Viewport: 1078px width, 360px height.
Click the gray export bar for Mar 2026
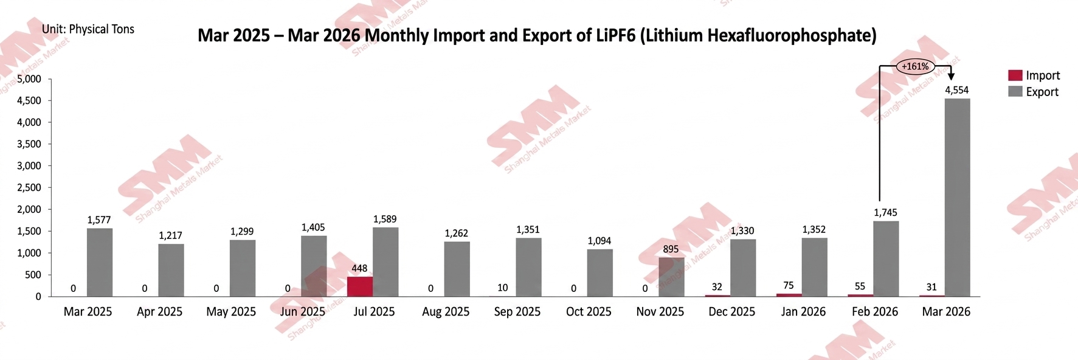click(x=957, y=198)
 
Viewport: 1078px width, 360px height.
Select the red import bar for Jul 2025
click(x=360, y=286)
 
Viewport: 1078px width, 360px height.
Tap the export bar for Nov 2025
click(x=671, y=277)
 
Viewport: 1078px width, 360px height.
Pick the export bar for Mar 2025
click(x=99, y=262)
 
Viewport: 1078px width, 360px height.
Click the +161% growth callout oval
click(x=915, y=66)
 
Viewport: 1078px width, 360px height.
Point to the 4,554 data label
click(x=956, y=90)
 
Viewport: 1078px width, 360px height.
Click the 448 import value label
click(x=359, y=268)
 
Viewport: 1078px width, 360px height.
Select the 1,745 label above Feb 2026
click(x=885, y=212)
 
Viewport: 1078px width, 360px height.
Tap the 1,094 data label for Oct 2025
click(x=599, y=241)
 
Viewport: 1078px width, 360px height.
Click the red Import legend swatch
click(x=1015, y=75)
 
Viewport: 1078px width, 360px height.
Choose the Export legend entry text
click(x=1042, y=92)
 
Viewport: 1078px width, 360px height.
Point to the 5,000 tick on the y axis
click(x=29, y=79)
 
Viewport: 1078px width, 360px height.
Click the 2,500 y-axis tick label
click(x=29, y=187)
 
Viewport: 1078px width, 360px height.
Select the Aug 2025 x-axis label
click(x=446, y=312)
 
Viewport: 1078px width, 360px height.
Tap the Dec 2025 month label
click(x=731, y=312)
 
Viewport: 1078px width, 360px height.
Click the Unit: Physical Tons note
click(x=88, y=29)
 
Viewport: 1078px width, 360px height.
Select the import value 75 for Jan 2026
click(x=789, y=285)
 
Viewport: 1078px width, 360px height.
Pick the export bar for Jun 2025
click(x=314, y=266)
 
